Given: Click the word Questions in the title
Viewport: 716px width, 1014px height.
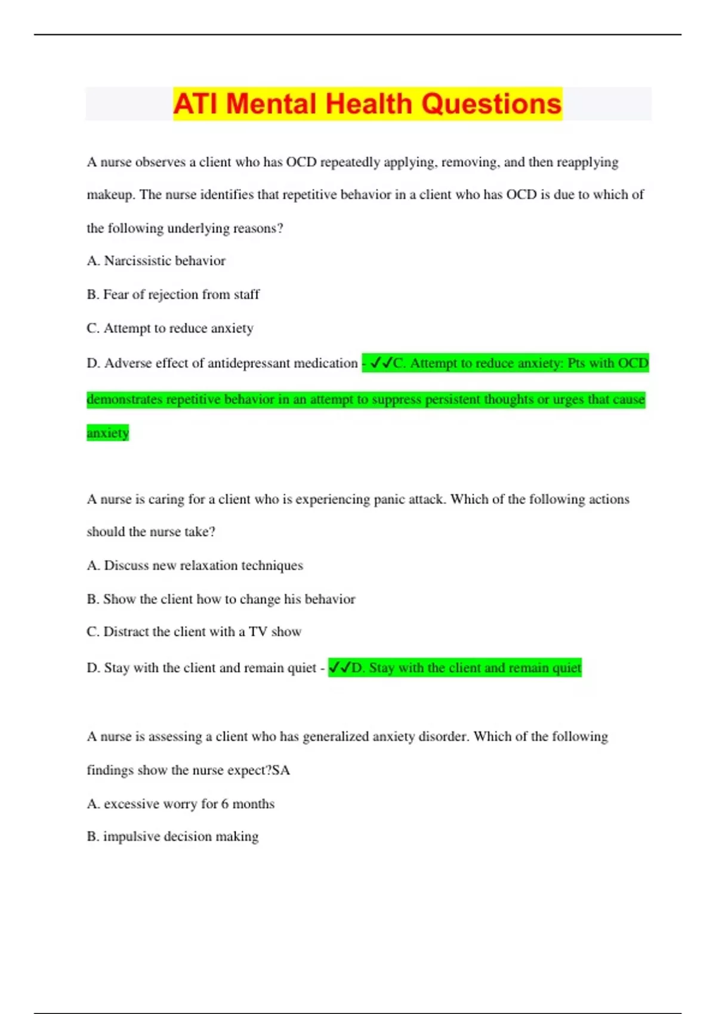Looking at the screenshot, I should point(492,104).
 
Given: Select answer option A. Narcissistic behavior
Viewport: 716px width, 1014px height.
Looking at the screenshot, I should point(156,261).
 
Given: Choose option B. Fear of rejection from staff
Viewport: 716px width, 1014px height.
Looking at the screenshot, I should point(173,295).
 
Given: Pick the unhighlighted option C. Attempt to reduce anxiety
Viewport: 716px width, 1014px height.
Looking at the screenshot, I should point(170,328).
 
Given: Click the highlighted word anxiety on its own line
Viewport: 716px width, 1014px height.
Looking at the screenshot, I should point(107,432).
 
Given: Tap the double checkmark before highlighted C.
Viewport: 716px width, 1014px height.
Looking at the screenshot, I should point(381,363).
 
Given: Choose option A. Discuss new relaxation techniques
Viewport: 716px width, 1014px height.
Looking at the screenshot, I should point(195,565).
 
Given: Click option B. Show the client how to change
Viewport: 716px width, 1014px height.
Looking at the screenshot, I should point(221,599).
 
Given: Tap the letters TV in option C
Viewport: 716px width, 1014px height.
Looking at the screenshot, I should point(258,632).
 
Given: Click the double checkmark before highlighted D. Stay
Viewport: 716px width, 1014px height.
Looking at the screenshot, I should point(340,667).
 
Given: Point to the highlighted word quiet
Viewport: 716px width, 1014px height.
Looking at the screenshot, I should point(567,667).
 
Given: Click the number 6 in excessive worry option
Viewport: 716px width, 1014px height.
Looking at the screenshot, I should point(224,804).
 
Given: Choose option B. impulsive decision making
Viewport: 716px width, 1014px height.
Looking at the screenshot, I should point(172,836).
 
